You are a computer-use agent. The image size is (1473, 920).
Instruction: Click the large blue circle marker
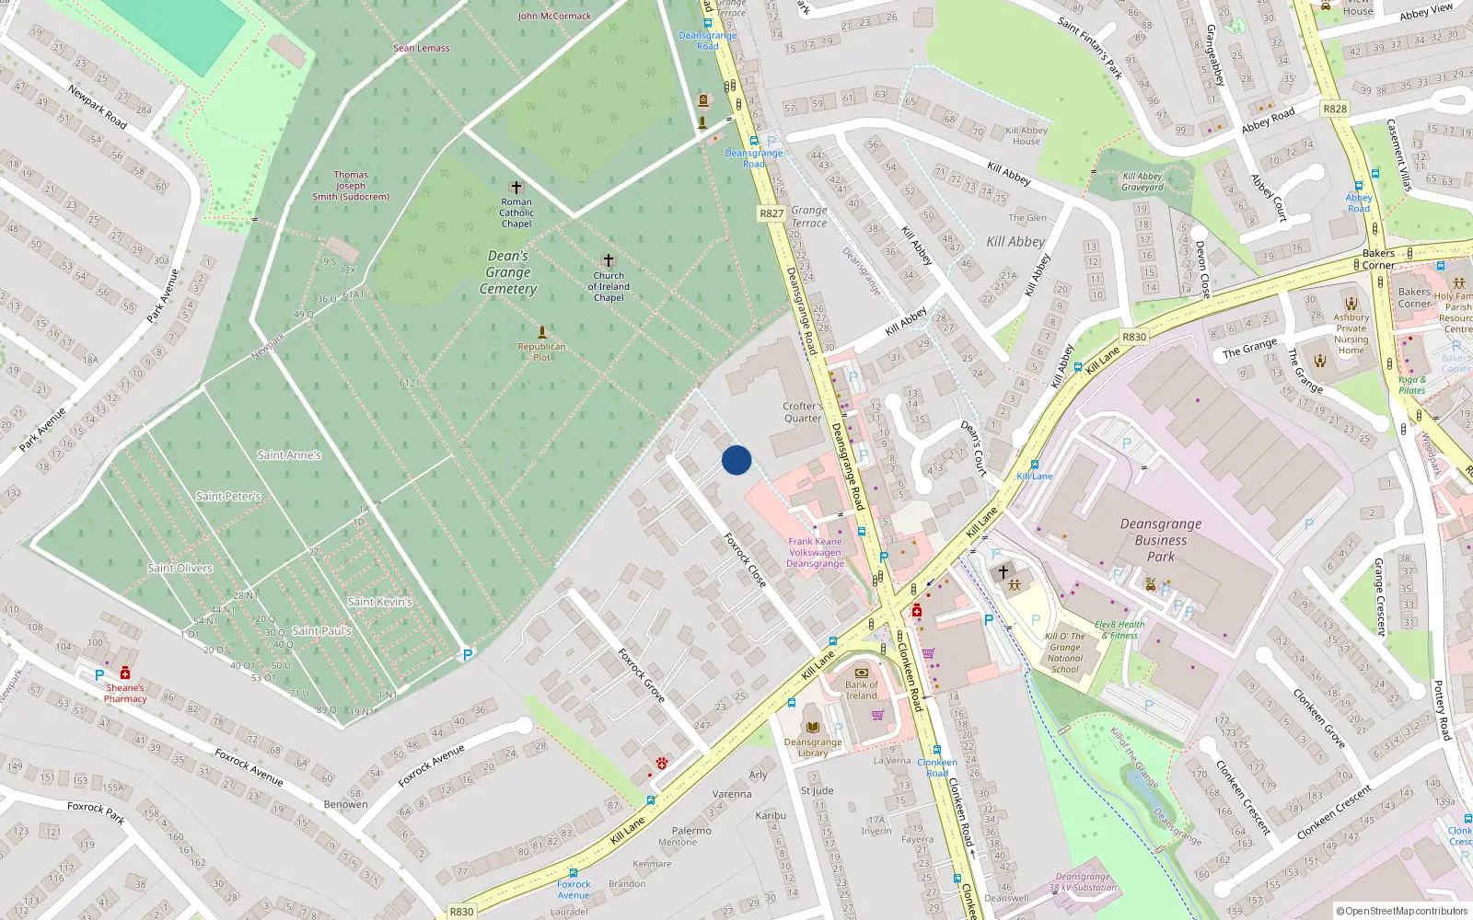736,460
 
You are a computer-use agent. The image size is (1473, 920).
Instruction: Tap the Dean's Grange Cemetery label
508,272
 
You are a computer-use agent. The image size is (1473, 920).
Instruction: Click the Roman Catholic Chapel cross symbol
516,188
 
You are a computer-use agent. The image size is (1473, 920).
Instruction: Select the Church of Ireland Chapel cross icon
608,261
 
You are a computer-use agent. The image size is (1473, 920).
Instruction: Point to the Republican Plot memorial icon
541,332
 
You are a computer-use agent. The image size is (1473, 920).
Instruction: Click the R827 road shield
771,213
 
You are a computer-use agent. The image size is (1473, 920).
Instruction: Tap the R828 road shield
1335,109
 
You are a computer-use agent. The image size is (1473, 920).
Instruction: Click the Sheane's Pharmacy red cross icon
125,673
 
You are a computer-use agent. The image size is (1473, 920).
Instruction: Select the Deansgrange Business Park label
1161,540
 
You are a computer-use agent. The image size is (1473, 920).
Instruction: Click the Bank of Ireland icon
862,673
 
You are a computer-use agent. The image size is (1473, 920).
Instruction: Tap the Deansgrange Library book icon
812,726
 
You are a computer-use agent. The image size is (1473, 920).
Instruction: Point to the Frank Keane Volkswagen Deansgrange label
815,553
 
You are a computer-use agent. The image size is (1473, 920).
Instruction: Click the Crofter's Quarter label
803,412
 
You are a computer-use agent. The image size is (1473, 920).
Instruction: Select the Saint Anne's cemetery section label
289,454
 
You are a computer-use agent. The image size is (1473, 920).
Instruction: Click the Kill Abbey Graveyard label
1142,181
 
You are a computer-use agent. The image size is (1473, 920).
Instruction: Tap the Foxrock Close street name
745,559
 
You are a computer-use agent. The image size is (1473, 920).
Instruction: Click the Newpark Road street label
98,106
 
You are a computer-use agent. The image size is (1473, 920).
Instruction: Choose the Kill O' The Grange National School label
1065,653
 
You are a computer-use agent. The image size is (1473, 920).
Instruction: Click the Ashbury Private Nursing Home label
1351,334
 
